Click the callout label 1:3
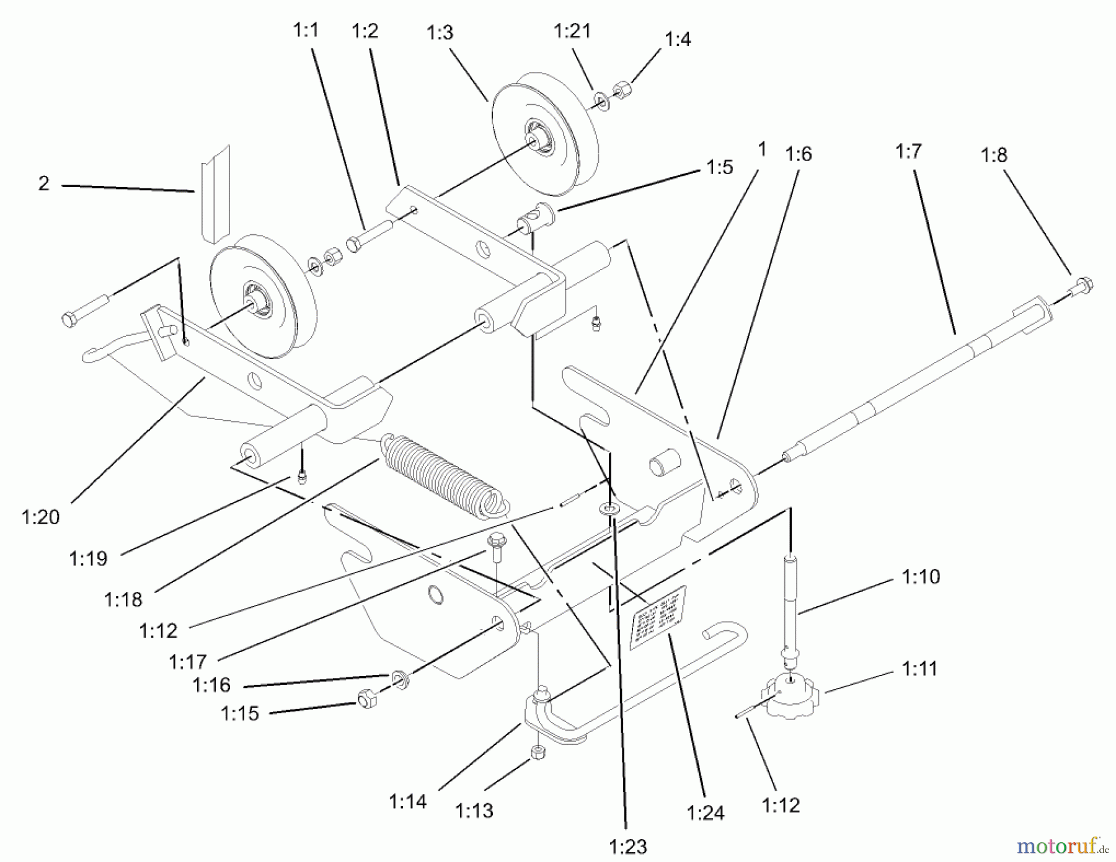(440, 32)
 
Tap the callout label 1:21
(572, 30)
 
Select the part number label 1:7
(908, 151)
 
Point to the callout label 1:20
(41, 517)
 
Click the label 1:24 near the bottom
(706, 812)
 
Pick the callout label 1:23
(628, 847)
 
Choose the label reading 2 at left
(43, 183)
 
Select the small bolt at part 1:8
(1082, 287)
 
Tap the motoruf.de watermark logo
(1061, 845)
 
